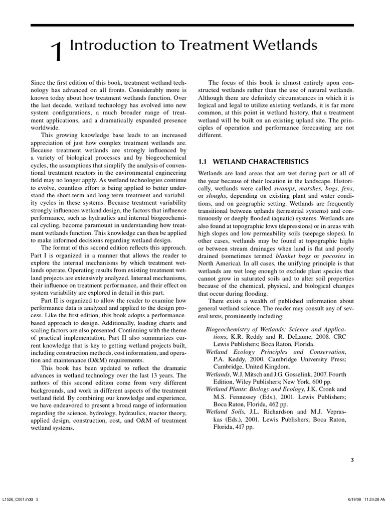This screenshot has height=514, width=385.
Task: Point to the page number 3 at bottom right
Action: pyautogui.click(x=352, y=459)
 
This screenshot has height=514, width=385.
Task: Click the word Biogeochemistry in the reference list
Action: pyautogui.click(x=232, y=329)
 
